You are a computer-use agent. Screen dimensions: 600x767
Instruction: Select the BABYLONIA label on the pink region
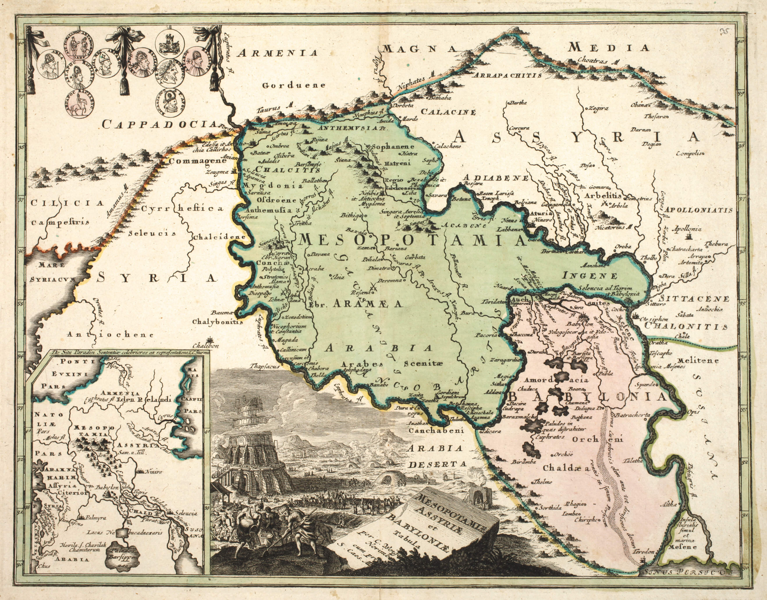[x=587, y=397]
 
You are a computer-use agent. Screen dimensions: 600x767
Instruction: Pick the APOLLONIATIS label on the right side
[x=698, y=210]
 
